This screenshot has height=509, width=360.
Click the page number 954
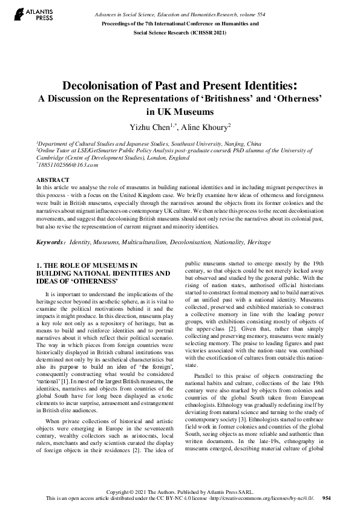[x=327, y=498]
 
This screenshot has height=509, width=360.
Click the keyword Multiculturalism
[x=145, y=242]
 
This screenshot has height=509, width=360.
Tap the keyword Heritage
[x=259, y=242]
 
